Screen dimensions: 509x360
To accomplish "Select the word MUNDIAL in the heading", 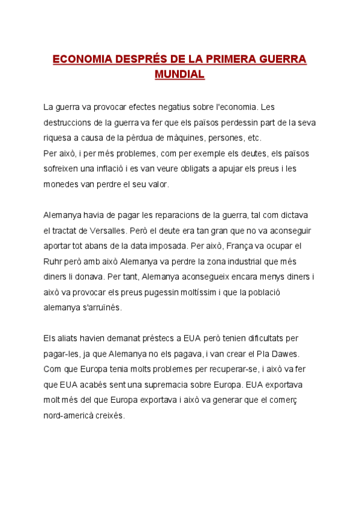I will [180, 75].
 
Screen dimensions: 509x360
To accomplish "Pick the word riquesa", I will [58, 137].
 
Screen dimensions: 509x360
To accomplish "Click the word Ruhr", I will [53, 261].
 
